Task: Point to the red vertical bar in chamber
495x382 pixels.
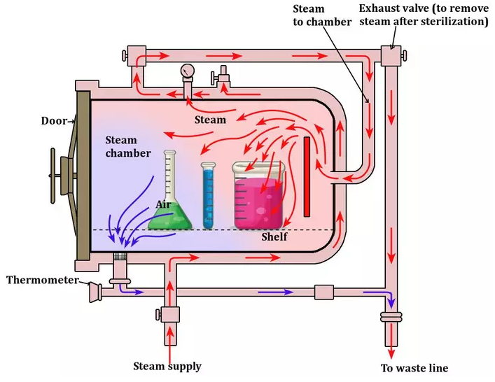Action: [x=306, y=177]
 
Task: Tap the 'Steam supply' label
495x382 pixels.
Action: [x=167, y=366]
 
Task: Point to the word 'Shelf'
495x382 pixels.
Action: [x=274, y=237]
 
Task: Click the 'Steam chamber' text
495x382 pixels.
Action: [x=128, y=147]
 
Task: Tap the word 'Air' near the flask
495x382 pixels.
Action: [x=165, y=205]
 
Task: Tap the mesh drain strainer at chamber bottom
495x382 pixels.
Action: [x=120, y=257]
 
